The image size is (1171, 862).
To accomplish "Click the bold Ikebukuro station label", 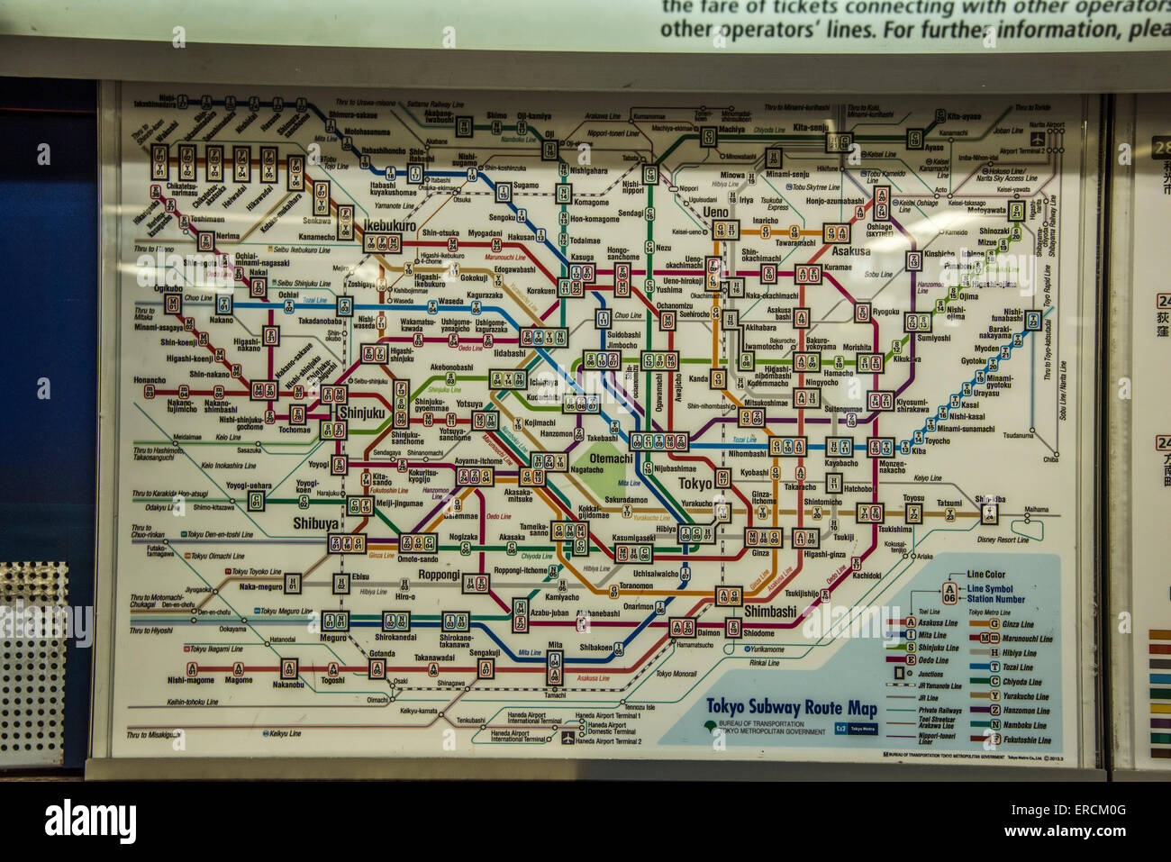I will (390, 226).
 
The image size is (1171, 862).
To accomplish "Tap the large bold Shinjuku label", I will (360, 413).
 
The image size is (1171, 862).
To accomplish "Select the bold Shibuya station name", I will (315, 523).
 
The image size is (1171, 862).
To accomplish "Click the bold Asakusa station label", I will (850, 251).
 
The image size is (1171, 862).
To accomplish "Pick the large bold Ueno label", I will (715, 213).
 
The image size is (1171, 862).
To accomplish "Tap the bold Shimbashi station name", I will (769, 611).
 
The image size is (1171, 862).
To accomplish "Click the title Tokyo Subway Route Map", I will (791, 707).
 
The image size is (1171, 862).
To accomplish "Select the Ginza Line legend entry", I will (1017, 623).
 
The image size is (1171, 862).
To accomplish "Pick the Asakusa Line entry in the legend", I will (937, 622).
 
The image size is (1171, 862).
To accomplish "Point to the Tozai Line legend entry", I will (1017, 667).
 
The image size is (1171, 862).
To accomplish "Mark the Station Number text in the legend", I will (995, 599).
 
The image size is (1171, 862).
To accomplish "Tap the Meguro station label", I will (332, 638).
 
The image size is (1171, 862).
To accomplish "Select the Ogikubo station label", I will (168, 288).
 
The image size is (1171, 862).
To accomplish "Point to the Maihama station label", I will (1036, 510).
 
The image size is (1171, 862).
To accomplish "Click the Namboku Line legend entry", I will (1024, 725).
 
